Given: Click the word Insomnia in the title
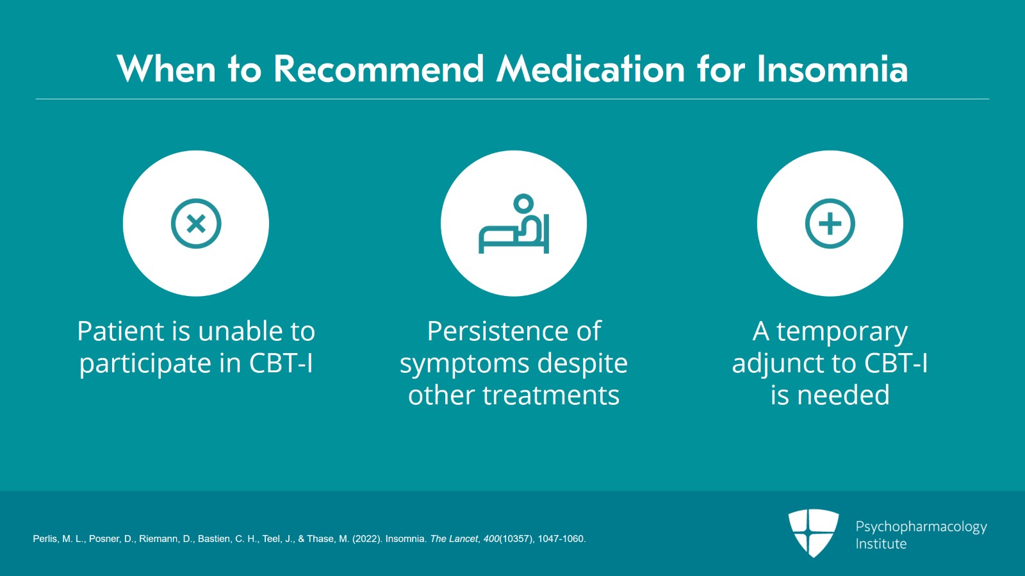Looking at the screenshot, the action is pyautogui.click(x=832, y=69).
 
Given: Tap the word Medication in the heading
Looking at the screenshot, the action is pyautogui.click(x=591, y=69).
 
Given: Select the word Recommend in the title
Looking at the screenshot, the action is pyautogui.click(x=379, y=69).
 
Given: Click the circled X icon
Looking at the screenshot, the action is pyautogui.click(x=196, y=224).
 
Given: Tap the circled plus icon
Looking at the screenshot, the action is pyautogui.click(x=830, y=224).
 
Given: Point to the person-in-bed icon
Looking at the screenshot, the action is pyautogui.click(x=513, y=224).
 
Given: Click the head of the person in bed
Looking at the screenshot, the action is pyautogui.click(x=523, y=202).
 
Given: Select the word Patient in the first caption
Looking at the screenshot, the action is pyautogui.click(x=120, y=331).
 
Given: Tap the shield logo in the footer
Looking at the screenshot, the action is pyautogui.click(x=813, y=532).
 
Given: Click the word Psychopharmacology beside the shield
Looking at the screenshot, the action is pyautogui.click(x=921, y=527).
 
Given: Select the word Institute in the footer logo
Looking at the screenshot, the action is pyautogui.click(x=881, y=544).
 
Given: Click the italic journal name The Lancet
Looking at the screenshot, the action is pyautogui.click(x=454, y=539).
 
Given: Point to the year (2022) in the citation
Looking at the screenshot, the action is pyautogui.click(x=366, y=539).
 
